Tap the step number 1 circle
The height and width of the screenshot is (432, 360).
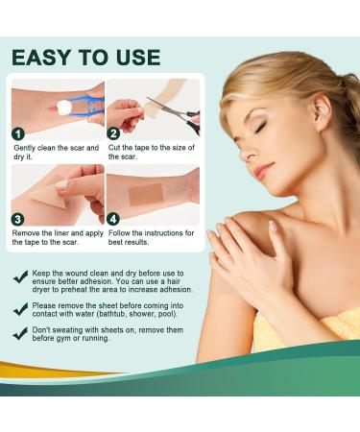[17, 133]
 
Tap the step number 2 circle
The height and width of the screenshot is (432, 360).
[113, 133]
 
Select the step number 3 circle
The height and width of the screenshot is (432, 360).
[17, 218]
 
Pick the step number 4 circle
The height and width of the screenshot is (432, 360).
[113, 218]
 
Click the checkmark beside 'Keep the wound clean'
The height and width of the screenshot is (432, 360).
[21, 276]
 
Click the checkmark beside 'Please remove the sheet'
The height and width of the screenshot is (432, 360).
[21, 309]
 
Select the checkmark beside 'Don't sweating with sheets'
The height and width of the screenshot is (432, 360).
[21, 334]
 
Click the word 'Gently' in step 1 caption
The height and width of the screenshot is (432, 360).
[26, 148]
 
